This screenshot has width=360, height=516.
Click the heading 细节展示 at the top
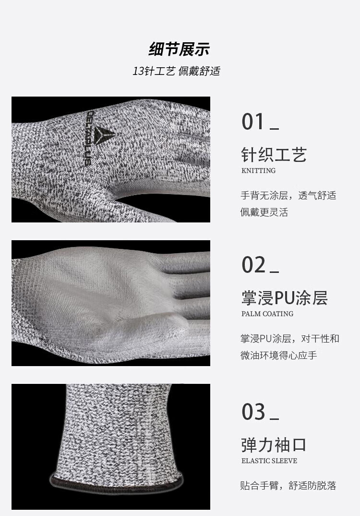(179, 49)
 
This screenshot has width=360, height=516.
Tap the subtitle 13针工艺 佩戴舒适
(176, 71)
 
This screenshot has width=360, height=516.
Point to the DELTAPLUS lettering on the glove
(90, 138)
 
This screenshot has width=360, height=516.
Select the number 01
(253, 122)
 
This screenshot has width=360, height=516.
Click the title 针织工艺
(274, 154)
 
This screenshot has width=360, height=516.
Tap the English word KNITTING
(258, 171)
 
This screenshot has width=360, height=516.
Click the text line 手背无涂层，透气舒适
(288, 196)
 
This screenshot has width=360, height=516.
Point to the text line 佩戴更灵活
(264, 212)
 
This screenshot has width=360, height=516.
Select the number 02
(253, 265)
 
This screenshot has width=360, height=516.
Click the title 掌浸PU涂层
(284, 297)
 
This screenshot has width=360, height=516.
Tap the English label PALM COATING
(267, 314)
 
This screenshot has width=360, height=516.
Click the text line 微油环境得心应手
(279, 356)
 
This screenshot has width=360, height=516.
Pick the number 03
(253, 412)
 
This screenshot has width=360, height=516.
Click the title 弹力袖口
(274, 444)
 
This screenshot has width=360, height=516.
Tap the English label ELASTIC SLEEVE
(269, 461)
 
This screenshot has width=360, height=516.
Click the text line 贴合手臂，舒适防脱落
(288, 485)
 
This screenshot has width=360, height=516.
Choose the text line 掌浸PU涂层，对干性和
(289, 339)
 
